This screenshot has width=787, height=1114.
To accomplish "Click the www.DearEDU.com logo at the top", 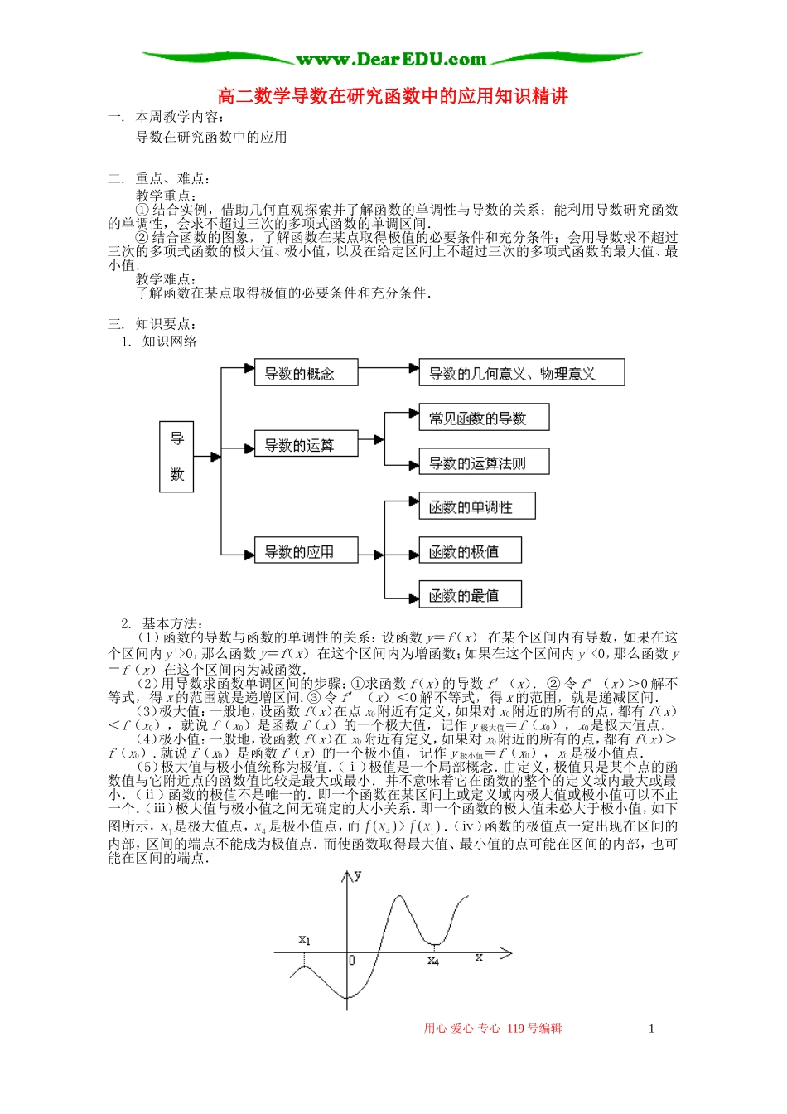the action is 392,59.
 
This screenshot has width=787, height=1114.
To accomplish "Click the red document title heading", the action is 393,96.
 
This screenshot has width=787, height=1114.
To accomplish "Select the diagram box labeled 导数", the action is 176,457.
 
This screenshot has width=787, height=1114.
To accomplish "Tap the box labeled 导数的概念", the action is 306,373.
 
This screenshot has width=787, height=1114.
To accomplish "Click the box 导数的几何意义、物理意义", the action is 521,373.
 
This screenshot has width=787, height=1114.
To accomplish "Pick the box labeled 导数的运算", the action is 306,444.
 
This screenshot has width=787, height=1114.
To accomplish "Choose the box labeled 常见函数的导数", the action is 484,418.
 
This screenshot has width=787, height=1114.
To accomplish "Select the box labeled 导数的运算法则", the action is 484,463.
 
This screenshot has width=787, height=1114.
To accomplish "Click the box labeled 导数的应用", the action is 306,550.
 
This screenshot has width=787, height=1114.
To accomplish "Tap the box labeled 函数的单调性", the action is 477,506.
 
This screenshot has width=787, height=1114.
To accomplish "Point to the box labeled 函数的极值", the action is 471,550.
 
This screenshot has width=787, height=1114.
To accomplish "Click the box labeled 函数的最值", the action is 471,594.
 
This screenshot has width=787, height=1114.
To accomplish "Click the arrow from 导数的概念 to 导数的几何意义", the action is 388,368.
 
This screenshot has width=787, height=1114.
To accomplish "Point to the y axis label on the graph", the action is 357,874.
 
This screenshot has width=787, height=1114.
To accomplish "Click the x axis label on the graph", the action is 479,957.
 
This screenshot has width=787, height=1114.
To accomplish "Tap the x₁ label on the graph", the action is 304,940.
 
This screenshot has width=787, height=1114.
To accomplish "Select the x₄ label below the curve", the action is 433,961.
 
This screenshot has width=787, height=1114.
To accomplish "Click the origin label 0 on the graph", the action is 351,960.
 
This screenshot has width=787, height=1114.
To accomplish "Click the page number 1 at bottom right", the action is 651,1029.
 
